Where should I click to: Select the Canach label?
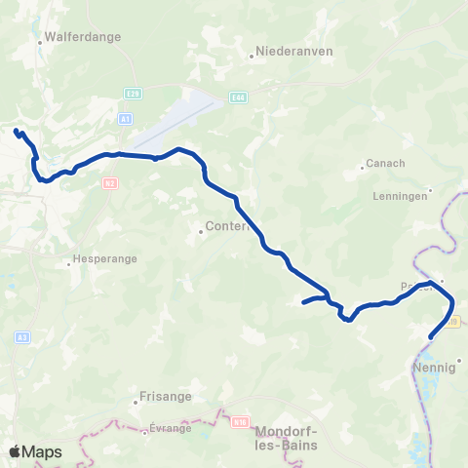[x=387, y=163]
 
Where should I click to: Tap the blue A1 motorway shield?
[x=125, y=118]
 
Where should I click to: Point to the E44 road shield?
[x=239, y=97]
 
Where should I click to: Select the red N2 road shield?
[x=109, y=182]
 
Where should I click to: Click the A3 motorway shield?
[x=21, y=337]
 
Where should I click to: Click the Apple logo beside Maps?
[x=16, y=451]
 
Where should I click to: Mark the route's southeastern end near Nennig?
[x=431, y=337]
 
